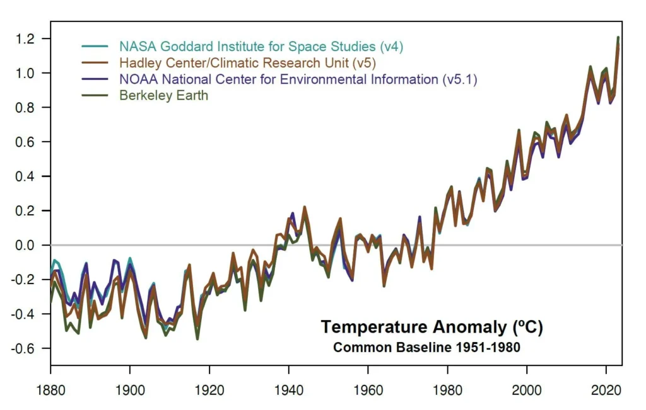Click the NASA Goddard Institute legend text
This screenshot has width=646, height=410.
point(261,47)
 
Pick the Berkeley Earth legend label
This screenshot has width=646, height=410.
point(163,96)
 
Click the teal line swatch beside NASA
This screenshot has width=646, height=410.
point(97,47)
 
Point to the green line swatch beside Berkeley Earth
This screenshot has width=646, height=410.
point(97,96)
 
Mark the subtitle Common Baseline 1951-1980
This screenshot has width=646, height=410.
point(426,347)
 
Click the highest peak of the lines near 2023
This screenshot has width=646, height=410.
point(618,38)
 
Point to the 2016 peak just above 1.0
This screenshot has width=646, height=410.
point(590,67)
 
